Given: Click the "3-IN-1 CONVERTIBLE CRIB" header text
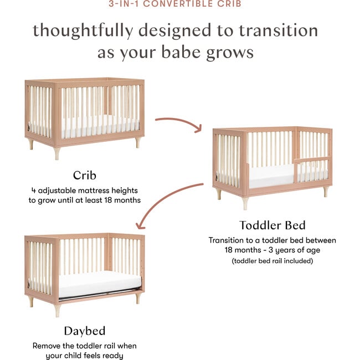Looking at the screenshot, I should pos(180,4).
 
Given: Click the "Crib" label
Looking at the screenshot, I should pos(84,176).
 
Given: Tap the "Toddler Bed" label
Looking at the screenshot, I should pos(272,225).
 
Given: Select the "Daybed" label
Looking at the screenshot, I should pos(84,331).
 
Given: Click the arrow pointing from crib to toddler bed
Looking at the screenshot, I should pos(178,123).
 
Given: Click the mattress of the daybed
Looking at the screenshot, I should pos(100,284).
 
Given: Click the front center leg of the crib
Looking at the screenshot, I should pos(57,152).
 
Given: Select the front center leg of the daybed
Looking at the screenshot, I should pos(57,310).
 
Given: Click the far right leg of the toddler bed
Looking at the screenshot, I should pos(326,191).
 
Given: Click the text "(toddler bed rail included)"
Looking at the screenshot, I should pos(272,260).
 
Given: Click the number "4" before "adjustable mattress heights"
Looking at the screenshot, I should pos(34,190).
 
